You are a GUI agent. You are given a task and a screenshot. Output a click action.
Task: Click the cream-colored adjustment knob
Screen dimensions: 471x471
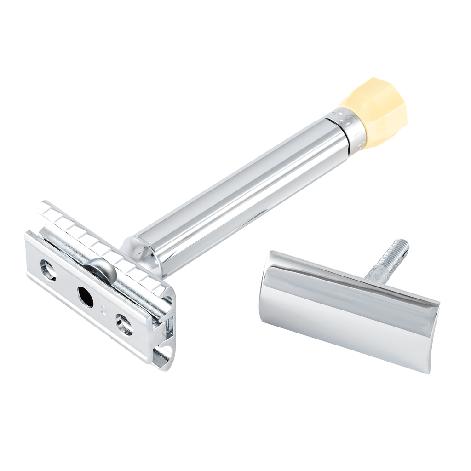tap(375, 113)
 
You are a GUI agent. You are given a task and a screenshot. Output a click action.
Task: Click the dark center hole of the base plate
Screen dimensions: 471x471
tap(85, 297)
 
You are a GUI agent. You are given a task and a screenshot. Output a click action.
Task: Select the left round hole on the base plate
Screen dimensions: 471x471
tap(48, 270)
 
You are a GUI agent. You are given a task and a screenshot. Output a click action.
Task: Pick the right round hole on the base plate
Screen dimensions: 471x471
tap(124, 325)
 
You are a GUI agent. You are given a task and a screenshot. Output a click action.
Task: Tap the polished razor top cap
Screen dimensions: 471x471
tap(345, 308)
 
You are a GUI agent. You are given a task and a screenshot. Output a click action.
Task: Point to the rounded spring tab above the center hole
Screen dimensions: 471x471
tap(98, 269)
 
